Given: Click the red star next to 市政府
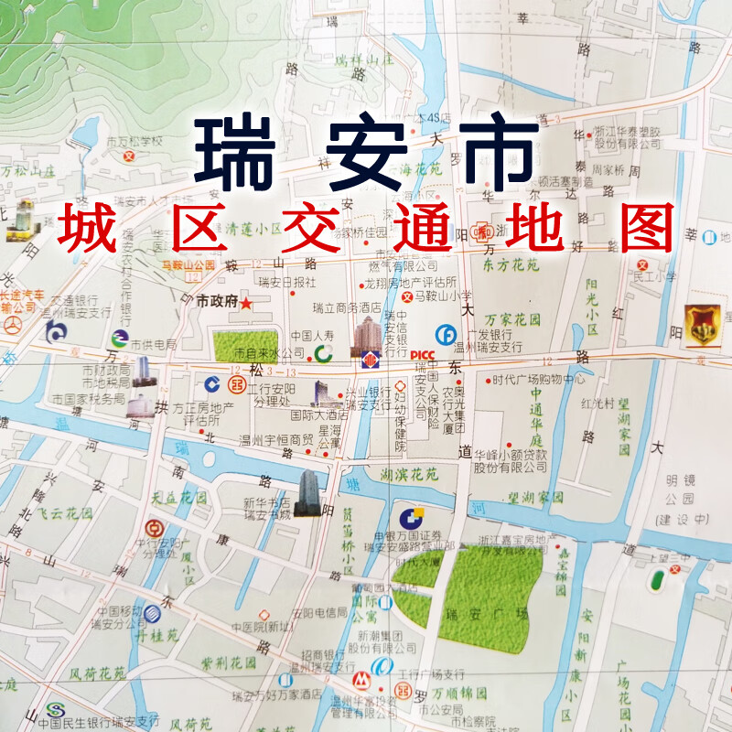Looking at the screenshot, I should (245, 303).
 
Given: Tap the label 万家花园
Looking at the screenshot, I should (512, 320).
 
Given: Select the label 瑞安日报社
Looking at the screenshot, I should (287, 281).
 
